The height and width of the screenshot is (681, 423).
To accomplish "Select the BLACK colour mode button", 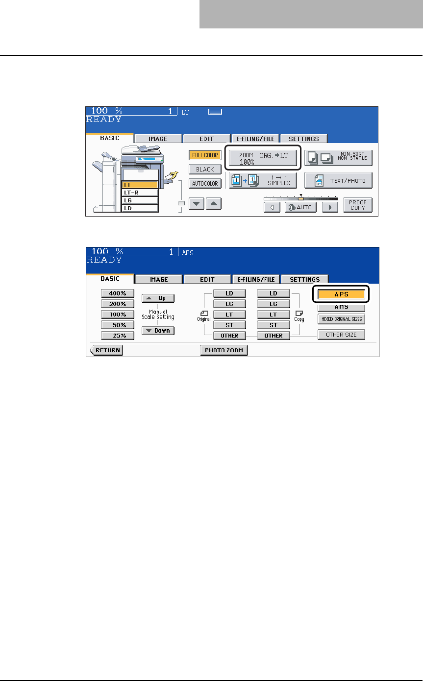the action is point(205,170).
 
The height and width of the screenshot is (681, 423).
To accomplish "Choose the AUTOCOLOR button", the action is point(205,183).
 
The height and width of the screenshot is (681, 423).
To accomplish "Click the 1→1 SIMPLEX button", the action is point(263,180).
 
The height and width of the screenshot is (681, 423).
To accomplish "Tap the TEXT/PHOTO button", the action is point(338,180).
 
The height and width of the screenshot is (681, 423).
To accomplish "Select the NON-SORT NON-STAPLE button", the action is point(338,158).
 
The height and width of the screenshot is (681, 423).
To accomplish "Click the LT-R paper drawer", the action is point(140,193).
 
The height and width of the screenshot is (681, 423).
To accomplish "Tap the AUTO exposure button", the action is point(300,207).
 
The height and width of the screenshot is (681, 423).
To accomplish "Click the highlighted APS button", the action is point(341,294).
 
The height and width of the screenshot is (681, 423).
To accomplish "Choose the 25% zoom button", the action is point(117,336).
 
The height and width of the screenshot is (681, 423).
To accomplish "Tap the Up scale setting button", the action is point(158,298).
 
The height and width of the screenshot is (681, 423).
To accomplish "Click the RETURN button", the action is point(106,350).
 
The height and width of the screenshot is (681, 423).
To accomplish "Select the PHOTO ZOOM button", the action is point(224,350).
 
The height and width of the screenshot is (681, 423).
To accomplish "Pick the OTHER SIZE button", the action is point(341,335).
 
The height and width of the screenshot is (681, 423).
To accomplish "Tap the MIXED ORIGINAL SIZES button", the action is point(341,319).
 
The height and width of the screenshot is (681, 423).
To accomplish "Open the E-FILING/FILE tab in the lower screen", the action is point(255,279).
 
